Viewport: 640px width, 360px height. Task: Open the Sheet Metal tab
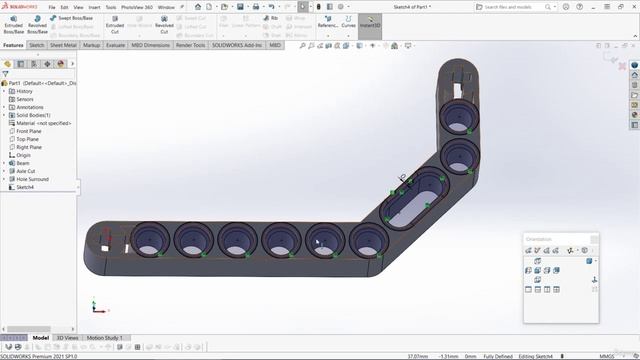coord(64,45)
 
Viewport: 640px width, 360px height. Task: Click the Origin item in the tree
coord(24,155)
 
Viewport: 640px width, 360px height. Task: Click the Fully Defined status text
coord(500,354)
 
